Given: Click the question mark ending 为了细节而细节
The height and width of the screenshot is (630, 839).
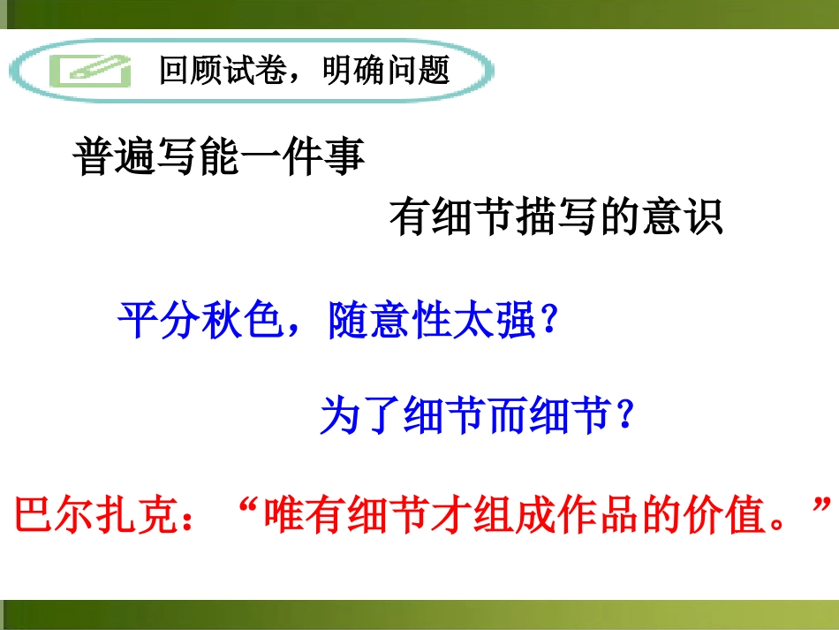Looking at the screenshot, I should click(626, 415).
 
